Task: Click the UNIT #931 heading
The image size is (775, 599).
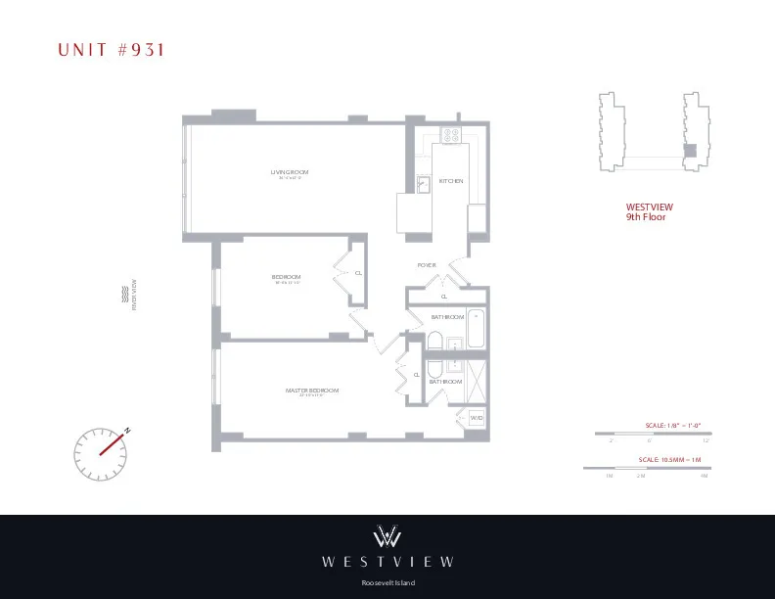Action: pyautogui.click(x=108, y=50)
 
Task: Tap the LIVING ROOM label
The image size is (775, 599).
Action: pyautogui.click(x=290, y=173)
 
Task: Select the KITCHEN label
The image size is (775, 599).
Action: pyautogui.click(x=450, y=181)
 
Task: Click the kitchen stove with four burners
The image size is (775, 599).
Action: pyautogui.click(x=452, y=136)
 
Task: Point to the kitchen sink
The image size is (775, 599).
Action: pyautogui.click(x=425, y=183)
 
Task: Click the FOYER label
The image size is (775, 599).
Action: pyautogui.click(x=427, y=265)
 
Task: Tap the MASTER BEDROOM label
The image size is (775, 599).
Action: pyautogui.click(x=312, y=391)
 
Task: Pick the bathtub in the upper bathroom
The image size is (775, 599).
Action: pyautogui.click(x=476, y=328)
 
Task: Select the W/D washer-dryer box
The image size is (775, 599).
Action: pyautogui.click(x=477, y=418)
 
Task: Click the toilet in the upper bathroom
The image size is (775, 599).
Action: pyautogui.click(x=434, y=341)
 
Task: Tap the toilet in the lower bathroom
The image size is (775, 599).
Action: pyautogui.click(x=434, y=368)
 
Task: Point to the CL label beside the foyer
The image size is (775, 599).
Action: pyautogui.click(x=444, y=296)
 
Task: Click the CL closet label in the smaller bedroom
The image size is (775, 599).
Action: pyautogui.click(x=358, y=272)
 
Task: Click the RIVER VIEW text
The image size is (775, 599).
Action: pyautogui.click(x=134, y=294)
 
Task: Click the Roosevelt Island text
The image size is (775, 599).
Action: pyautogui.click(x=387, y=583)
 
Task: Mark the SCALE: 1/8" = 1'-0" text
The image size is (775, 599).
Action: pyautogui.click(x=673, y=425)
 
